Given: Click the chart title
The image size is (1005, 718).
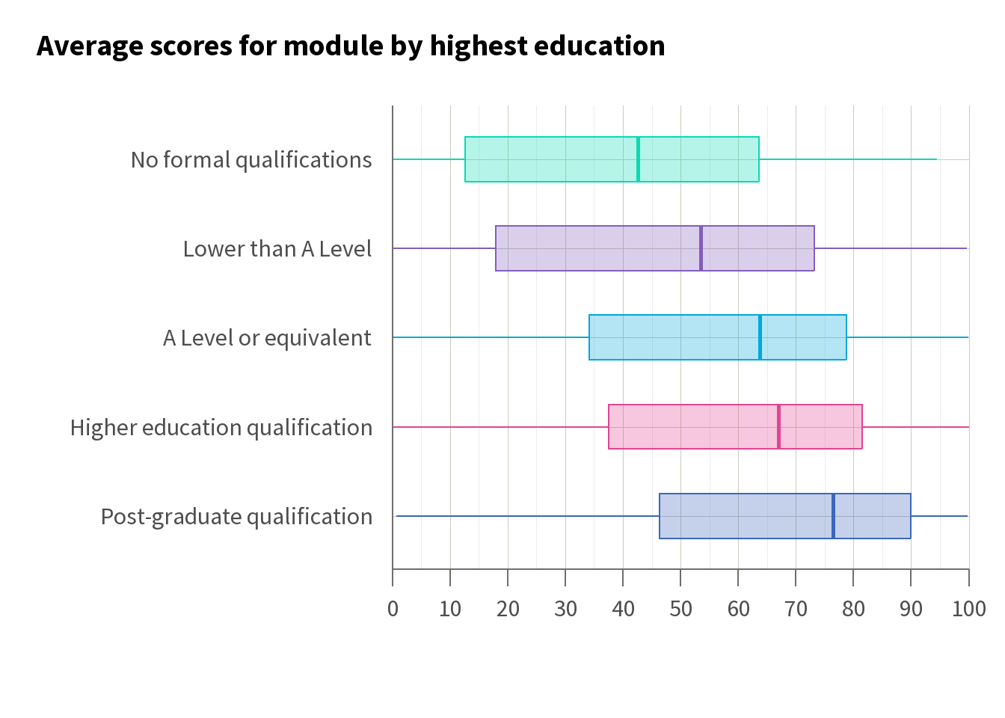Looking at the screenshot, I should click(351, 46).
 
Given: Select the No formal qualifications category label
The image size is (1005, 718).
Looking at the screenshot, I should click(251, 160).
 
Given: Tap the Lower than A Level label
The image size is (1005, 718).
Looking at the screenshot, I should click(277, 249).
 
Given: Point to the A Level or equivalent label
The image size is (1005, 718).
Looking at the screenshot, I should click(267, 338).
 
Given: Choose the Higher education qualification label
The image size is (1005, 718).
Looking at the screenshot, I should click(221, 428).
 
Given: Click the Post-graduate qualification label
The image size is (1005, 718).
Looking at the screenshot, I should click(236, 517).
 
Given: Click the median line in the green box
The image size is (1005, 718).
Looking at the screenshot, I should click(638, 159).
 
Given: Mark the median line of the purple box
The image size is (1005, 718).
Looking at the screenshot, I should click(701, 248).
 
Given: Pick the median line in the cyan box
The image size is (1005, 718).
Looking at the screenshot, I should click(760, 337).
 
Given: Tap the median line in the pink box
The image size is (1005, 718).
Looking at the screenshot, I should click(778, 427).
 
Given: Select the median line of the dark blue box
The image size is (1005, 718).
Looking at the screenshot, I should click(833, 516).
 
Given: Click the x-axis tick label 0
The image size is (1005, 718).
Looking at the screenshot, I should click(393, 609).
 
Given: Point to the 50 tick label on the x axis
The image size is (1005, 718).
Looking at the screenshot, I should click(680, 609).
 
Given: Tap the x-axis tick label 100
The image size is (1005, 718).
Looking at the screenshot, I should click(968, 609).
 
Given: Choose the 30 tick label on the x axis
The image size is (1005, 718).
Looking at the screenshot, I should click(565, 609).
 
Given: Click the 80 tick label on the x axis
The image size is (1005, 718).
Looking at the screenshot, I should click(853, 609).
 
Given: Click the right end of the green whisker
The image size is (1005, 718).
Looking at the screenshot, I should click(936, 159).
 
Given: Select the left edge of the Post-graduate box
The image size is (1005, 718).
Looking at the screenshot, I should click(660, 516).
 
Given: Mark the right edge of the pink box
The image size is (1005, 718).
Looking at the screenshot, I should click(862, 427).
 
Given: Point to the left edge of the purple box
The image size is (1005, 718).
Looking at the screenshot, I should click(496, 248).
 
